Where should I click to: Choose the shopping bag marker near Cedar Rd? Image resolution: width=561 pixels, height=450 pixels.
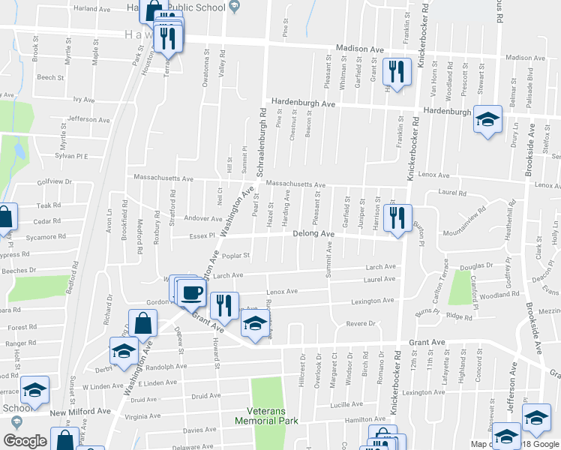(4, 218)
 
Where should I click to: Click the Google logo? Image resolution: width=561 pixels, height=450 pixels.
(25, 441)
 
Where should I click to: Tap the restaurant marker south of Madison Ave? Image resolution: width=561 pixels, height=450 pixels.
(394, 72)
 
